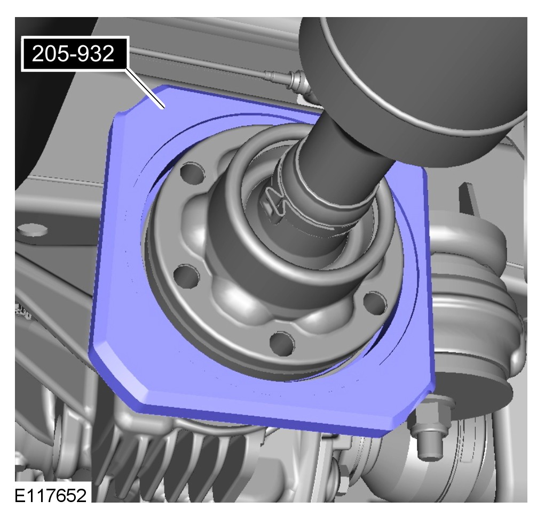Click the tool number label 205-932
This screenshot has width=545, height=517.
(73, 54)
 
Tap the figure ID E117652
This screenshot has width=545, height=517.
(51, 496)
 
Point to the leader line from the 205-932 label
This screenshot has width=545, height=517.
(145, 88)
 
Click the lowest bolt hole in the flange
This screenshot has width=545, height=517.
(282, 343)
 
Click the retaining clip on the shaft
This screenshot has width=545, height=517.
(274, 204)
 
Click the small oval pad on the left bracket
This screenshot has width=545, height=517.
(32, 230)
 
